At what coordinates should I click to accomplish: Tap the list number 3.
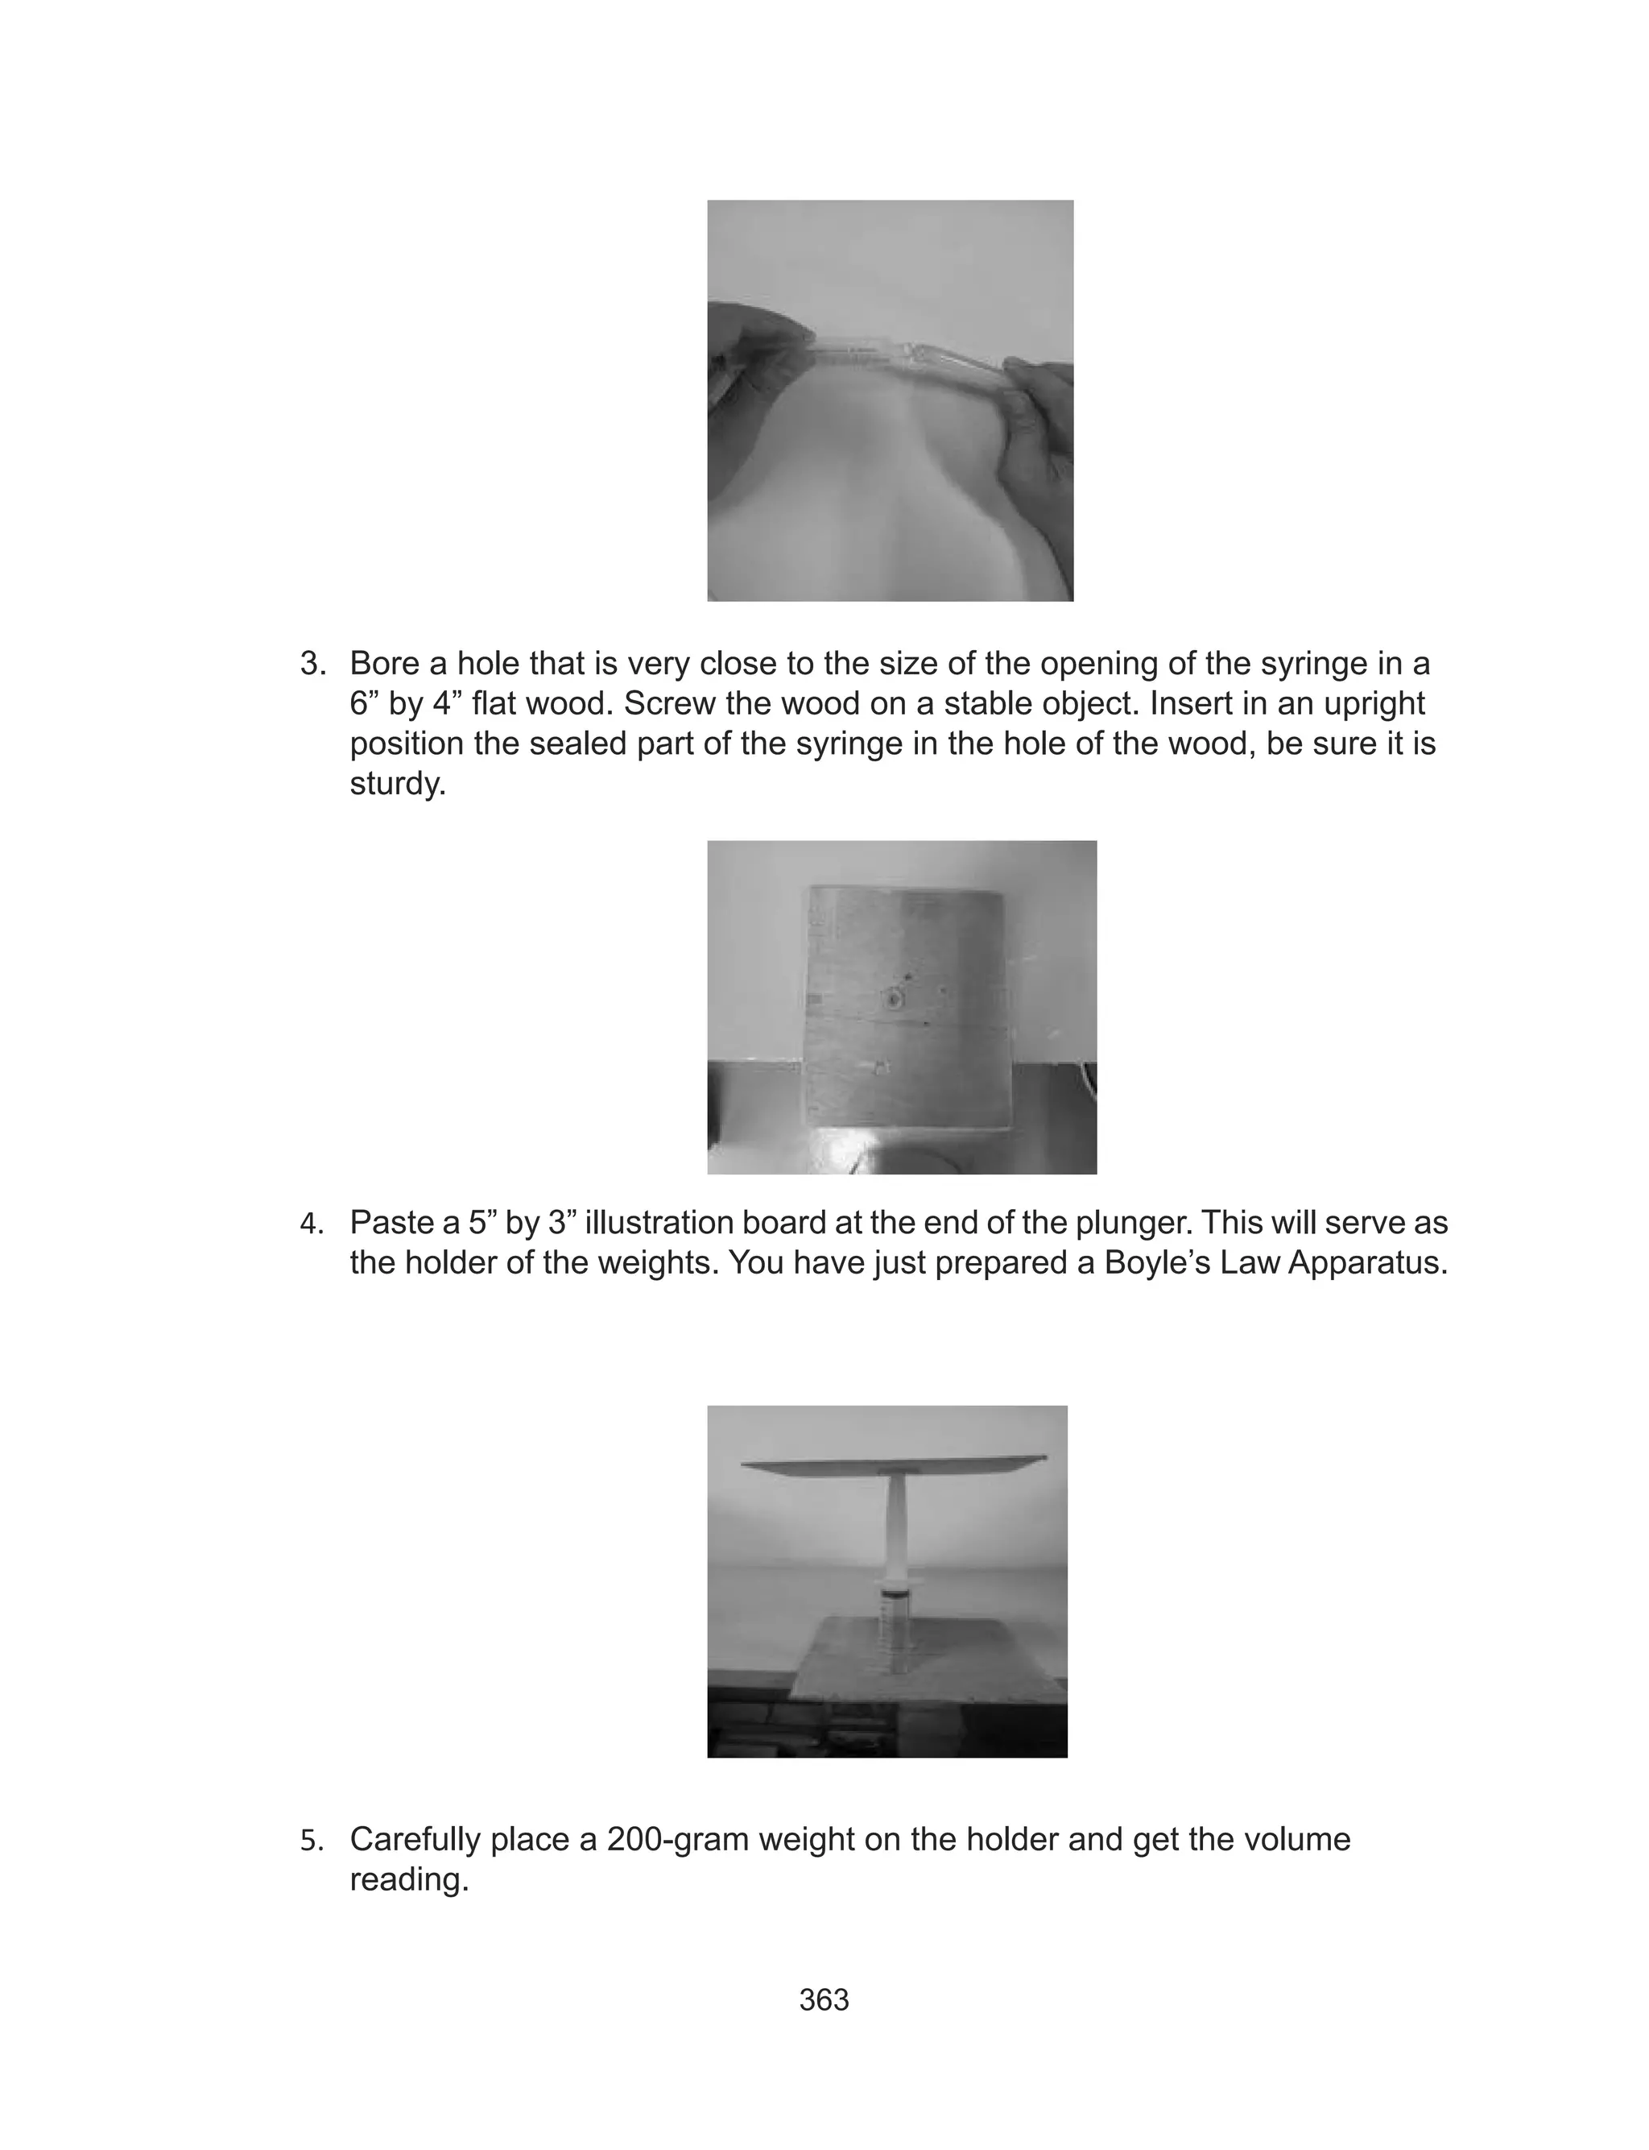pyautogui.click(x=312, y=664)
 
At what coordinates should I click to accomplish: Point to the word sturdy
pyautogui.click(x=396, y=785)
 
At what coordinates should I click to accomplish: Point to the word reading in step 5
pyautogui.click(x=408, y=1879)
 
